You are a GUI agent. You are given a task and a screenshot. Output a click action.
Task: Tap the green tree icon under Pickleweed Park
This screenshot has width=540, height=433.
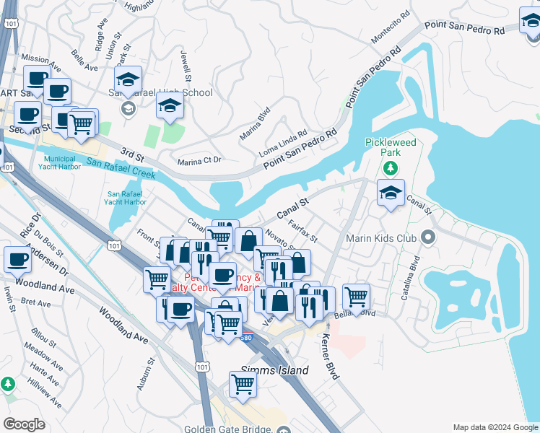(391, 168)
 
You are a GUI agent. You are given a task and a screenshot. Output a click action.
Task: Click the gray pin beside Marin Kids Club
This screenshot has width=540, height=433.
(428, 237)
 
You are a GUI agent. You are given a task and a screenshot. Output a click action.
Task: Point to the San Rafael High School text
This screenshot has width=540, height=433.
(160, 92)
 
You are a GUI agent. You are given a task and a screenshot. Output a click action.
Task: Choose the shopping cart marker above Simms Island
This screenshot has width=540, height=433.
(243, 385)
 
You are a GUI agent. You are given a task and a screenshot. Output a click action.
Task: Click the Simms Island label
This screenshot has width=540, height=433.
(274, 370)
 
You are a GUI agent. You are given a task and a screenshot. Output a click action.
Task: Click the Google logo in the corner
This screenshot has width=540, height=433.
(24, 424)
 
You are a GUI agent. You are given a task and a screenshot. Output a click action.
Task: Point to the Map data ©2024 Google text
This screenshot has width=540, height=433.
(495, 427)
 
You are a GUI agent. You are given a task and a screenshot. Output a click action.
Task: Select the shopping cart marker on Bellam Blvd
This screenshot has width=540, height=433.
(356, 296)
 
